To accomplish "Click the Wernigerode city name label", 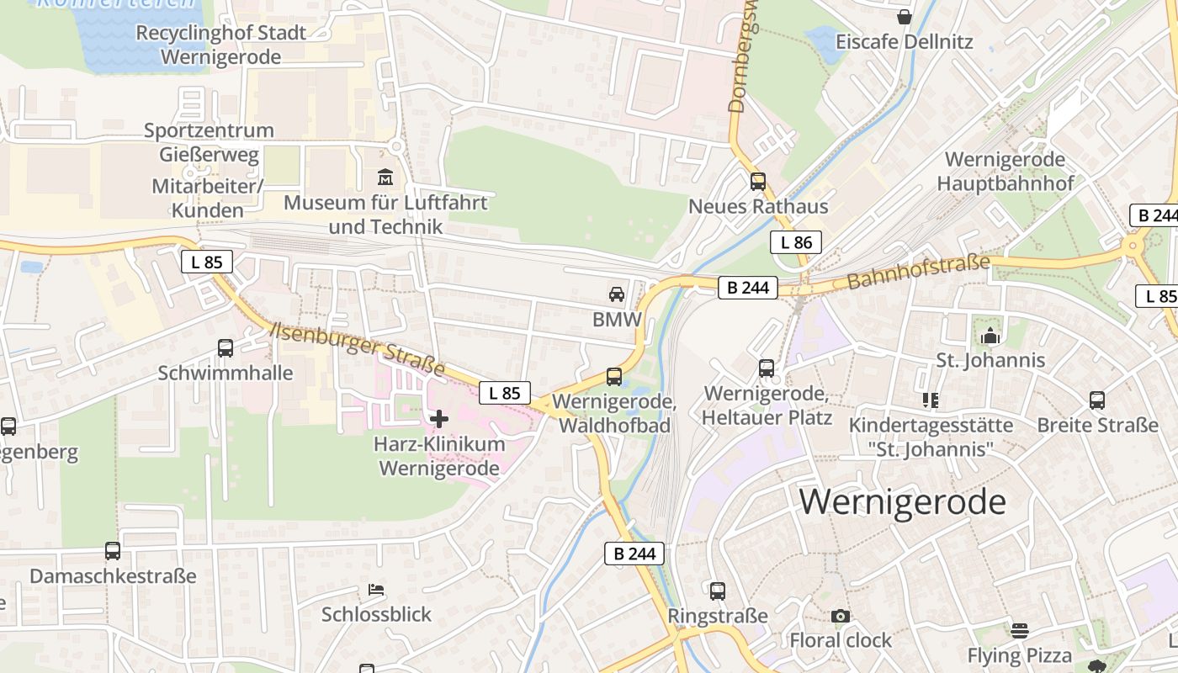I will pyautogui.click(x=902, y=502).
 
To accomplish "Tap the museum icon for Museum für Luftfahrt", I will pyautogui.click(x=385, y=178).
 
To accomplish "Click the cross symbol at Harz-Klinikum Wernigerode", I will pyautogui.click(x=439, y=418).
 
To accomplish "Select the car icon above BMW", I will pyautogui.click(x=617, y=294).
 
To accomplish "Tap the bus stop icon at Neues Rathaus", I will pyautogui.click(x=758, y=181).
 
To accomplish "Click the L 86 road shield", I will pyautogui.click(x=795, y=243).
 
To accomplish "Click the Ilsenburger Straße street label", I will pyautogui.click(x=357, y=347).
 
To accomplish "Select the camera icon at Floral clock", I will pyautogui.click(x=840, y=617).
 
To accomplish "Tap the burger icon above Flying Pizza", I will pyautogui.click(x=1020, y=631).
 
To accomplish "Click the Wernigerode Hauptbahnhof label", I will pyautogui.click(x=1005, y=171).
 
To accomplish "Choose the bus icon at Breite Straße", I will pyautogui.click(x=1097, y=400).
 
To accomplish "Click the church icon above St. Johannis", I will pyautogui.click(x=990, y=336).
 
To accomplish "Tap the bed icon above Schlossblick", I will pyautogui.click(x=376, y=590).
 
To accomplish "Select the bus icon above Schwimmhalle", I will pyautogui.click(x=226, y=347).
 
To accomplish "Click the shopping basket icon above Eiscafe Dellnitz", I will pyautogui.click(x=905, y=17).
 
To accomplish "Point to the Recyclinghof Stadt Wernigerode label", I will pyautogui.click(x=220, y=45).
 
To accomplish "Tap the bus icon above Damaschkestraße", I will pyautogui.click(x=113, y=551).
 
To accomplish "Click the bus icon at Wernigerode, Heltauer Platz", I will pyautogui.click(x=767, y=368).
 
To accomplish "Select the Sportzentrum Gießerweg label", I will pyautogui.click(x=209, y=142).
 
